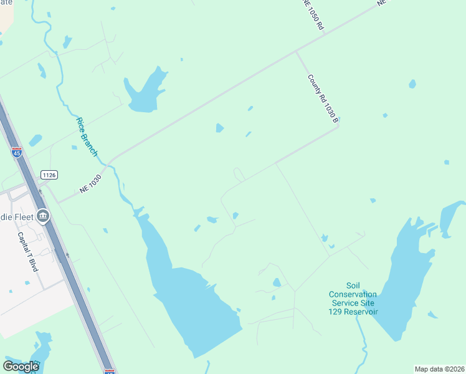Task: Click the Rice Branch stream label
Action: [x=88, y=137]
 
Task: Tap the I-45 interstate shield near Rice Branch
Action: [x=17, y=151]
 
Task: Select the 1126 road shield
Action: [x=49, y=175]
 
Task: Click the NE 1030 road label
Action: [x=90, y=184]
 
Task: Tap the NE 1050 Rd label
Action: [x=312, y=14]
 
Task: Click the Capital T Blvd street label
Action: [x=28, y=252]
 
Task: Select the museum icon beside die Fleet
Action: [x=43, y=216]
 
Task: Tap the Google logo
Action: [x=21, y=366]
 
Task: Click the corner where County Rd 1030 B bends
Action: [x=337, y=127]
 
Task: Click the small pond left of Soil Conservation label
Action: [x=277, y=282]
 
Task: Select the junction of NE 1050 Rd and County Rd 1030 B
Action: [x=296, y=52]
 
